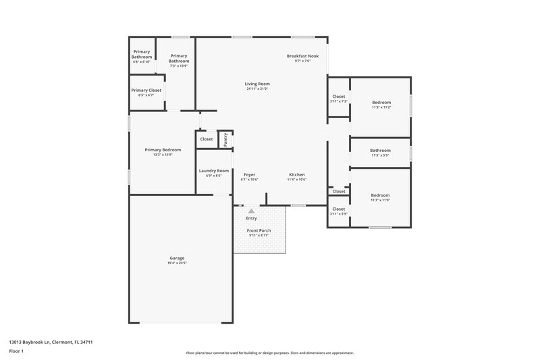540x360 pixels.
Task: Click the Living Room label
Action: coord(257,84)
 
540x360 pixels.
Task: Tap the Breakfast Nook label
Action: coord(302,56)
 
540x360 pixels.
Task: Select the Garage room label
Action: coord(177,257)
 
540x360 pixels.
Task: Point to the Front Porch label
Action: coord(259,230)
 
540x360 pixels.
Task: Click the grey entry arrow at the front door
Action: coord(251,211)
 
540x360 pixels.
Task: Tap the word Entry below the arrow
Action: coord(251,218)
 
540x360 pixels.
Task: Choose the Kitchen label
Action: coord(297,174)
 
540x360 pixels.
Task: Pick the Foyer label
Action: coord(249,174)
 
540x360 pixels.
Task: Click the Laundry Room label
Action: coord(213,171)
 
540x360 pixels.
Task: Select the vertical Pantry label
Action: coord(226,139)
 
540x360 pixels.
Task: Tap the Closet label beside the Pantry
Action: coord(207,139)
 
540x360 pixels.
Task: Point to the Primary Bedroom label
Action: coord(163,150)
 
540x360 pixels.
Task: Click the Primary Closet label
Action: coord(146,90)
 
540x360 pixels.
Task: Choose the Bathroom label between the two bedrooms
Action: coord(380,150)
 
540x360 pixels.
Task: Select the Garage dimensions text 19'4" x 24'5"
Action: coord(177,263)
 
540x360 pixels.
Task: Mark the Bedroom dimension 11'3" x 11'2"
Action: coord(381,107)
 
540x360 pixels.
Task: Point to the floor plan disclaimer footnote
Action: coord(269,353)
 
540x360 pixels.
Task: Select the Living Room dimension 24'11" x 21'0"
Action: coord(257,88)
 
